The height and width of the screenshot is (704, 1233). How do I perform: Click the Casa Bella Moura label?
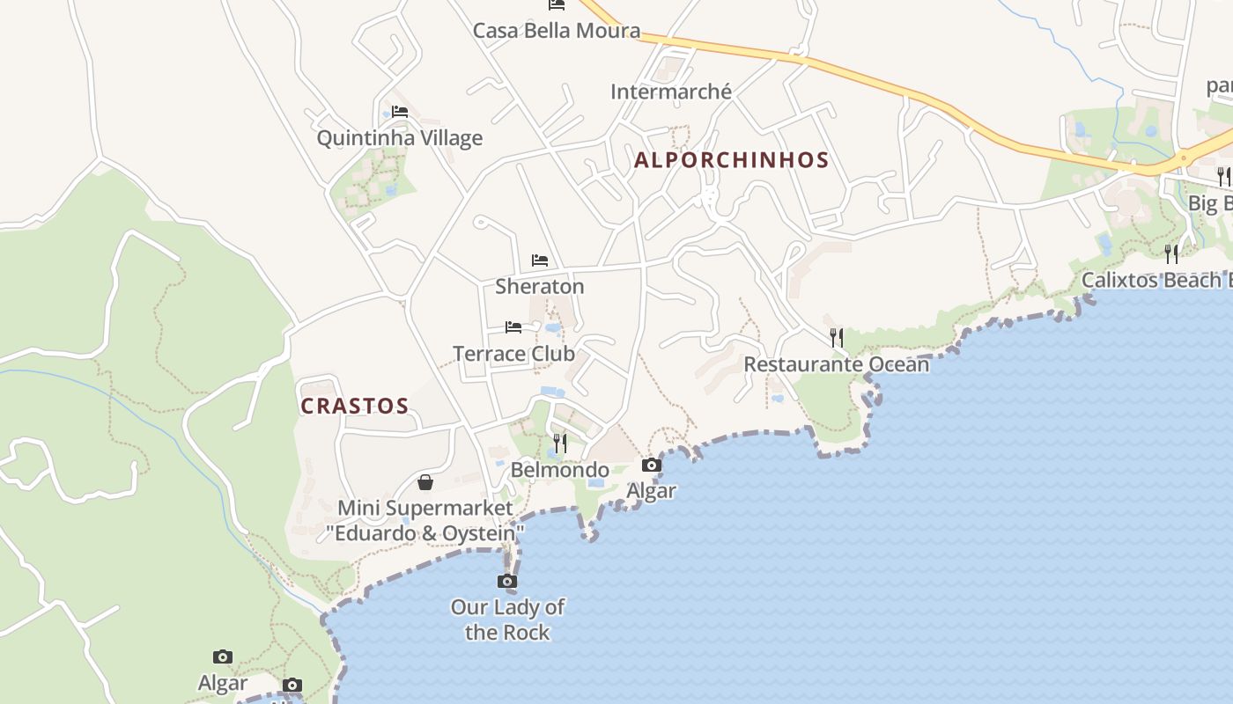click(x=557, y=31)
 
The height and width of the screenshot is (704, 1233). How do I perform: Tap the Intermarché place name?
click(x=671, y=92)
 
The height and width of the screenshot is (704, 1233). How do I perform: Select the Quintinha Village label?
click(x=400, y=138)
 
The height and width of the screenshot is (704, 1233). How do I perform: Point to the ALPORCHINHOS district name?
click(x=731, y=160)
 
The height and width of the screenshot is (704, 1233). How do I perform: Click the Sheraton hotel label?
click(x=540, y=287)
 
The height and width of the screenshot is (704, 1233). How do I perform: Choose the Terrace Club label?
click(x=513, y=354)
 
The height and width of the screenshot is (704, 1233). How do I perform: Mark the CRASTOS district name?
click(x=355, y=406)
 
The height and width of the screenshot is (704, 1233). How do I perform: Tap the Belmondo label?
click(x=560, y=470)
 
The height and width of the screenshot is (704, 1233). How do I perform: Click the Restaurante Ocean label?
click(x=837, y=364)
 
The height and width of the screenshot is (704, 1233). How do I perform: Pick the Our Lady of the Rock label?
click(x=507, y=620)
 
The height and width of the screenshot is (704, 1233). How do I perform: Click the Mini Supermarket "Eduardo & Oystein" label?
click(x=425, y=521)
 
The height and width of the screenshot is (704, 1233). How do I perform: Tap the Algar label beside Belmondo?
click(x=652, y=491)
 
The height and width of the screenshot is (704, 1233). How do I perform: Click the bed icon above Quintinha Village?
click(x=400, y=112)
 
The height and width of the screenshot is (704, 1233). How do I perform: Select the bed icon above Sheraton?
click(x=540, y=260)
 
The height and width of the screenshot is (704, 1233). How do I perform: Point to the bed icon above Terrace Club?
click(x=513, y=327)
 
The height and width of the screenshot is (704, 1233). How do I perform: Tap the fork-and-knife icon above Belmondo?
click(x=560, y=443)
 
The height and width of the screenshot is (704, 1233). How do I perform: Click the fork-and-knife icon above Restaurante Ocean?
click(x=837, y=337)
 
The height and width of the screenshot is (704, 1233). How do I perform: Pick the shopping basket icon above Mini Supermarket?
click(x=425, y=482)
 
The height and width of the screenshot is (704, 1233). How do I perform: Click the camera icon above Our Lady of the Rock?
click(x=507, y=581)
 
